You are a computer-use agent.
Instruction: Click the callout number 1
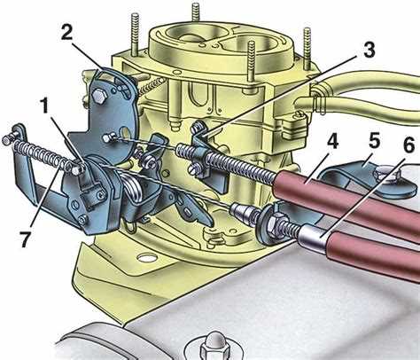44,106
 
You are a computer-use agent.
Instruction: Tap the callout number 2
66,33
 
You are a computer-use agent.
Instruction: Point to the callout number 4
332,142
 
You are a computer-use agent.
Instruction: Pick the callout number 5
374,142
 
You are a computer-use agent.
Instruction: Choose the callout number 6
408,145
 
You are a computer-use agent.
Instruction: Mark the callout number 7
24,239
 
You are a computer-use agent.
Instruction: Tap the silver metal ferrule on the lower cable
311,237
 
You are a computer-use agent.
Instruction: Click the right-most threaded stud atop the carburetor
307,47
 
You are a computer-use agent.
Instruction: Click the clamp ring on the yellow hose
318,98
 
